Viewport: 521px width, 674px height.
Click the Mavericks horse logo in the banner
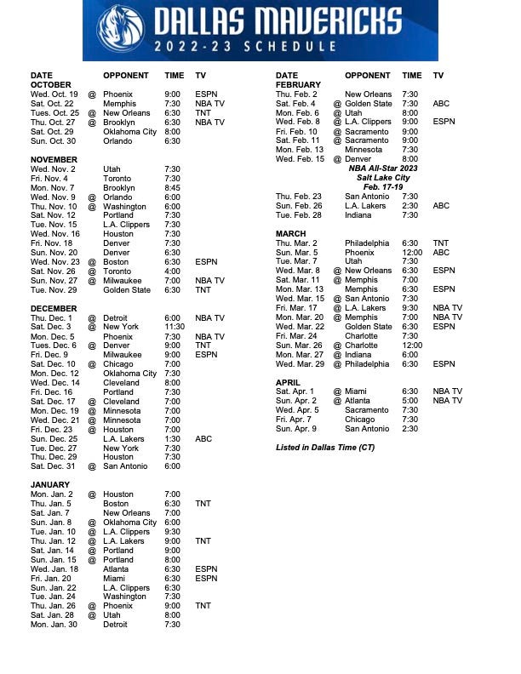117,29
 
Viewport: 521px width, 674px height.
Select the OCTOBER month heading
51,85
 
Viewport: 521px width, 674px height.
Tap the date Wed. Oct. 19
54,94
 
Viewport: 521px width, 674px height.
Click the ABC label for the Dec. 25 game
203,439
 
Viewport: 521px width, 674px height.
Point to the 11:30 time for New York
175,327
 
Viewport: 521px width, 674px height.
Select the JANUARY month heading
50,485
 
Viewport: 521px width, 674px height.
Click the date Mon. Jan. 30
54,625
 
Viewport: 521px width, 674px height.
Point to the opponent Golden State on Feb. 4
369,104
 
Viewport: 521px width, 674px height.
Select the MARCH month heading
291,234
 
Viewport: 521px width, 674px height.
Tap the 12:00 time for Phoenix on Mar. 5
413,253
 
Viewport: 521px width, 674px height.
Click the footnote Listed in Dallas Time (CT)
325,448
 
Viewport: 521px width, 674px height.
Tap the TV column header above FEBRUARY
438,76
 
